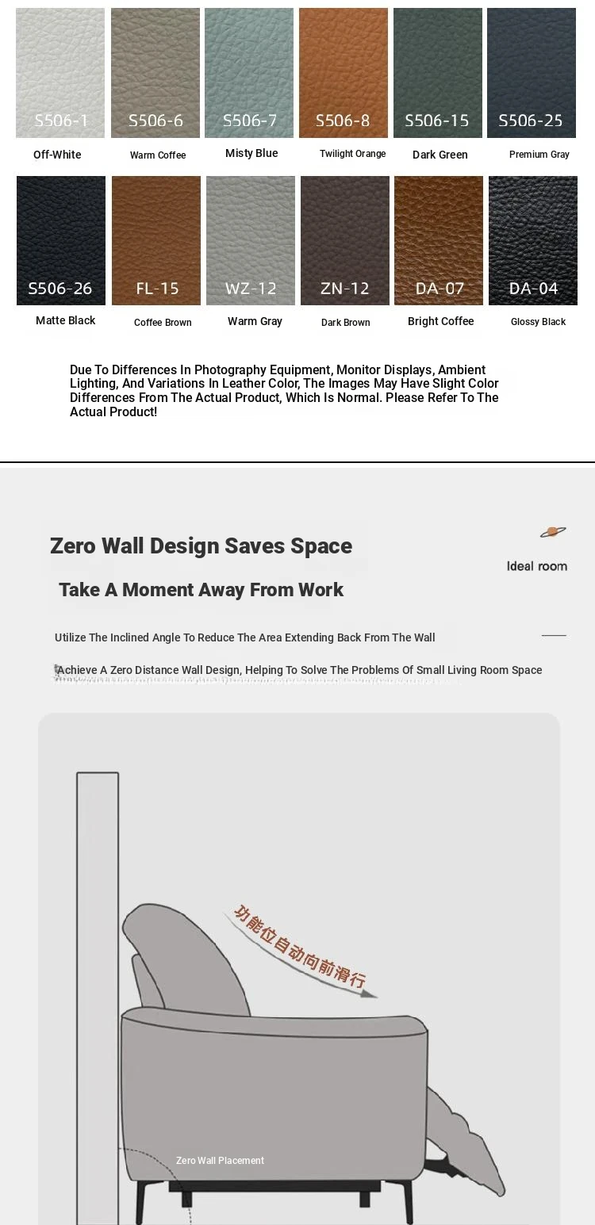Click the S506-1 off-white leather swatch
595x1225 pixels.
click(x=60, y=73)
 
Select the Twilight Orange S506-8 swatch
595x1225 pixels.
click(x=344, y=73)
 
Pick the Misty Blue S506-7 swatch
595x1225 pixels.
click(x=249, y=73)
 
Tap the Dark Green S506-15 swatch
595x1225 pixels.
click(x=438, y=73)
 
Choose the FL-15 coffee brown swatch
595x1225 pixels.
click(x=156, y=240)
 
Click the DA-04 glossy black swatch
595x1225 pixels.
click(x=533, y=240)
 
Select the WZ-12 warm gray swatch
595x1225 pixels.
click(x=251, y=240)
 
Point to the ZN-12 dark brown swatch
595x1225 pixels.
click(x=345, y=240)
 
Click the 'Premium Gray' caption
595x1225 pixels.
click(x=539, y=155)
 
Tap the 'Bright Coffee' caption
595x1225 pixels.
click(x=440, y=321)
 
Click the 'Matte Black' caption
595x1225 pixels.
click(x=65, y=320)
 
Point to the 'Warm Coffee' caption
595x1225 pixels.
click(x=158, y=155)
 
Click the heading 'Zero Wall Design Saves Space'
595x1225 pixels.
click(x=201, y=546)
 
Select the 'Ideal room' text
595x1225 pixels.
click(x=537, y=566)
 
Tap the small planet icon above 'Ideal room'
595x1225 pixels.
click(x=553, y=532)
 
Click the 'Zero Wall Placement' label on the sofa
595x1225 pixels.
click(x=220, y=1160)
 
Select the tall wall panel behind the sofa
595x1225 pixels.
click(x=98, y=991)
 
